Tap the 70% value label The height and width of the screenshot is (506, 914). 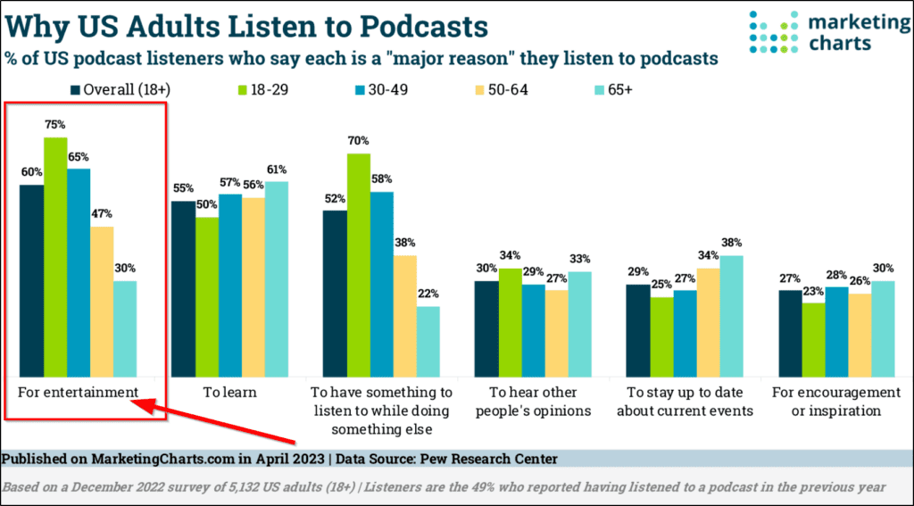coord(359,141)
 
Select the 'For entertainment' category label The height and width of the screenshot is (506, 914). coord(78,393)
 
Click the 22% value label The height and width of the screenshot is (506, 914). coord(428,294)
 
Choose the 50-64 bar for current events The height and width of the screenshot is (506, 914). coord(708,322)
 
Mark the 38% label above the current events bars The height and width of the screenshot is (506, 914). coord(732,243)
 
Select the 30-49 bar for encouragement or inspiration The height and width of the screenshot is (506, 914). coord(836,331)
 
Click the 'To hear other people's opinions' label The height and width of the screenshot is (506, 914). coord(532,402)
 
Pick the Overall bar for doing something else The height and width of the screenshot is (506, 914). coord(335,294)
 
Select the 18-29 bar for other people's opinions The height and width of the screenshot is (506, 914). coord(511,322)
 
